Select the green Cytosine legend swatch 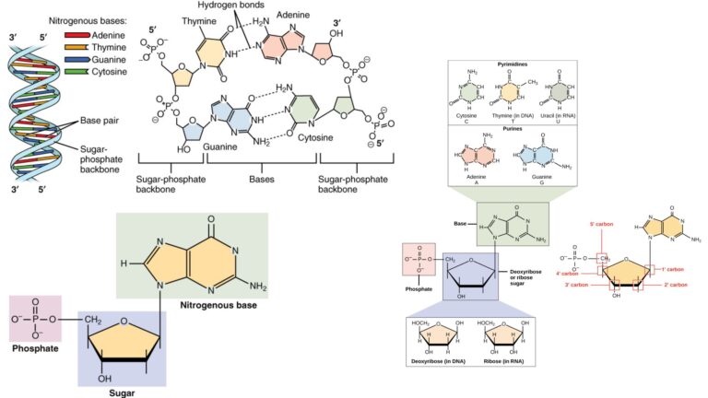(x=77, y=71)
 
